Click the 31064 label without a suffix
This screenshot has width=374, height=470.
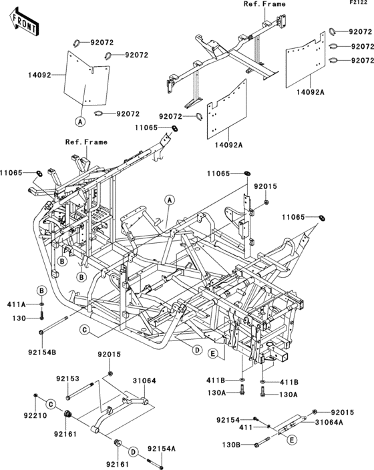(144, 381)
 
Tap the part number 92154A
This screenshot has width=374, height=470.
(162, 449)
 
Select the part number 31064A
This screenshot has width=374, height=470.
(329, 422)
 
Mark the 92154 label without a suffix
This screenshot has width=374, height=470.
(227, 420)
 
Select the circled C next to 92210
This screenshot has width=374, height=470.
(51, 404)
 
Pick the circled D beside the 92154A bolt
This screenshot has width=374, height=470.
(133, 452)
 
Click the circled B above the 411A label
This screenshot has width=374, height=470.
(41, 290)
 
